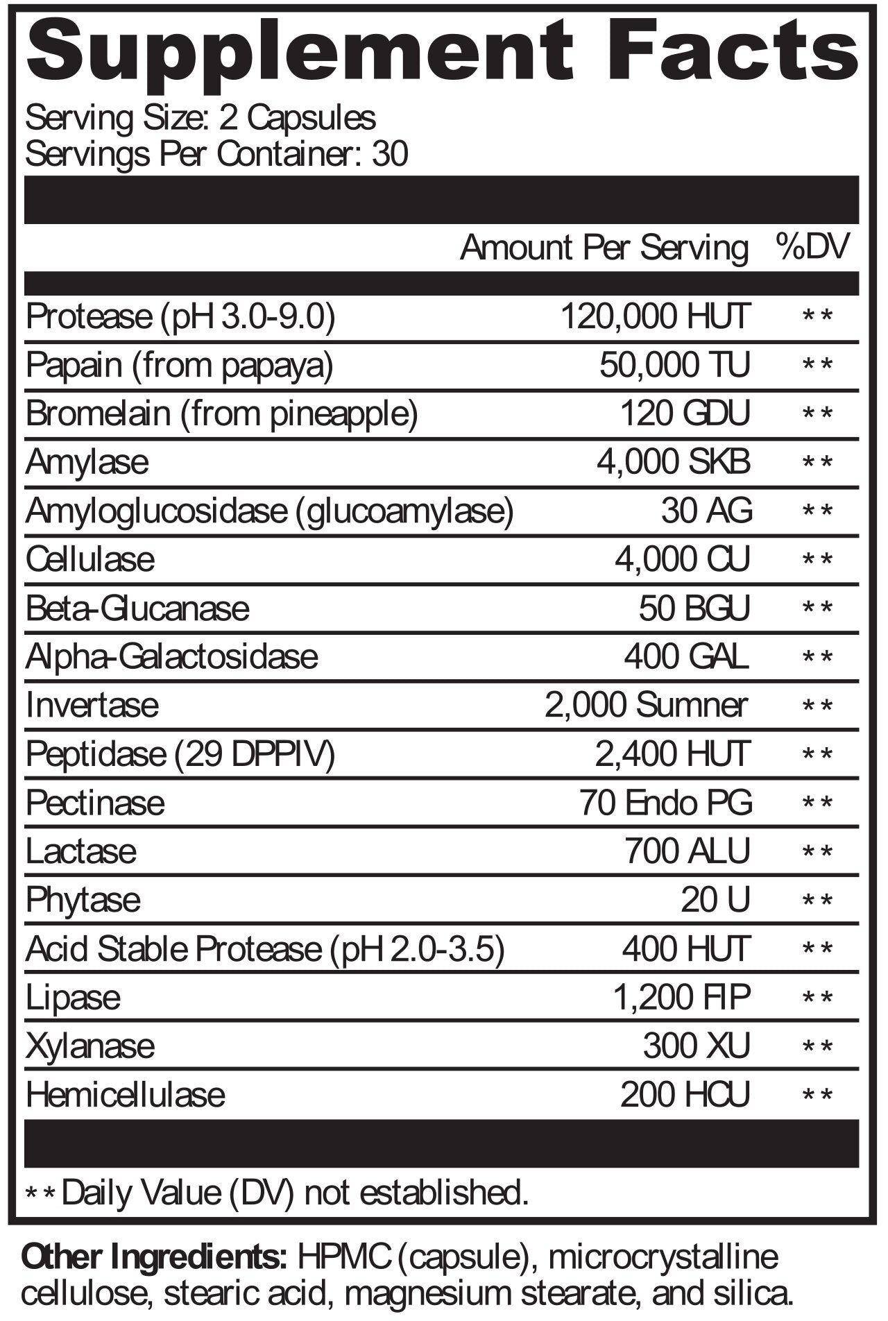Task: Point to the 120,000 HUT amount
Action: click(x=655, y=317)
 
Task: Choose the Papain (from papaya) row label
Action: click(x=180, y=366)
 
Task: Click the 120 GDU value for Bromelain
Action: click(x=685, y=414)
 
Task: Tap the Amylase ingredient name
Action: click(x=87, y=463)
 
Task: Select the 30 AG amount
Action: click(x=706, y=511)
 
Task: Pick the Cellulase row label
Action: click(x=90, y=560)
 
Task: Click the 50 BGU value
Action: click(x=694, y=608)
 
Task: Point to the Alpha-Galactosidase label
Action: click(x=172, y=657)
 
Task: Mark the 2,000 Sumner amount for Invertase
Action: click(x=646, y=706)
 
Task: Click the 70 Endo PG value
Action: click(x=665, y=803)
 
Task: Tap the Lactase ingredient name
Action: click(x=81, y=852)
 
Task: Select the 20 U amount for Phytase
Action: click(x=715, y=901)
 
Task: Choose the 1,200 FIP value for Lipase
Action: click(x=681, y=998)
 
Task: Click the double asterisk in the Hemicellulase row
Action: click(x=817, y=1096)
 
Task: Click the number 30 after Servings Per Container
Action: click(x=390, y=154)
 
